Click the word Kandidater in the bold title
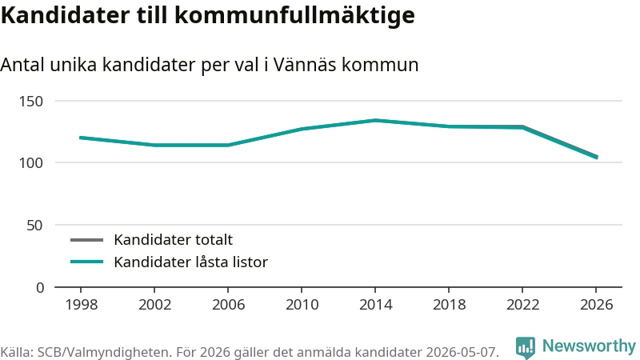point(66,15)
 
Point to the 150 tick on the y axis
point(31,102)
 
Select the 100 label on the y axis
point(31,163)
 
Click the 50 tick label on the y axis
point(34,226)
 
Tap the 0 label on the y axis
point(39,288)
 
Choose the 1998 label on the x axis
point(82,305)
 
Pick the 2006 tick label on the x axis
point(228,305)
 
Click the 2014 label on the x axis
point(375,305)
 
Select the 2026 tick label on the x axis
point(596,305)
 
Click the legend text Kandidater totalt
point(173,239)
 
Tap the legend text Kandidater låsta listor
point(190,262)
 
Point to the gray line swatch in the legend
point(86,240)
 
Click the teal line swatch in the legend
point(86,262)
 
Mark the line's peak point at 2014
point(375,121)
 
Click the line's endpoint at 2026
point(597,157)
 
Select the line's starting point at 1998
point(81,138)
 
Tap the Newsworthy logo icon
point(526,347)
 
